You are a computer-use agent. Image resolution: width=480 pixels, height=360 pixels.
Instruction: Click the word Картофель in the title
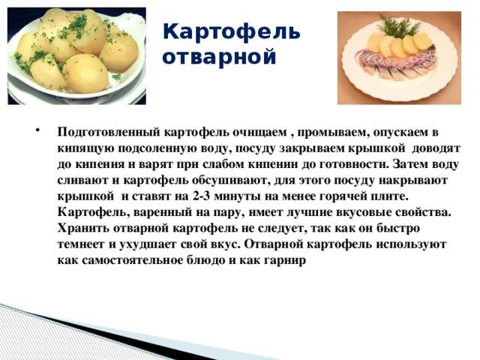(x=231, y=32)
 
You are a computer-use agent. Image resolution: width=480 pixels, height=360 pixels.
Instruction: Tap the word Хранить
(x=82, y=229)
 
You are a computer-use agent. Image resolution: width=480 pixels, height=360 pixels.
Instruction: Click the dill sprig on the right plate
(x=397, y=27)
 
